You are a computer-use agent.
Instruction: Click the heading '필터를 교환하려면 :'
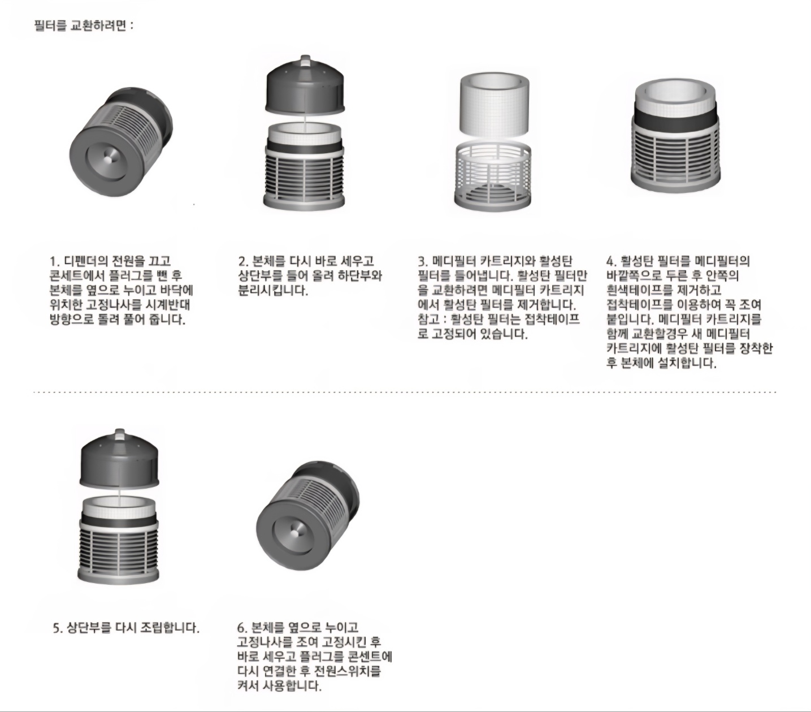click(x=83, y=25)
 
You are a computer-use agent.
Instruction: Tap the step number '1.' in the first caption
click(x=54, y=261)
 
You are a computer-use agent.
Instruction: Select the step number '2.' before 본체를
click(x=244, y=261)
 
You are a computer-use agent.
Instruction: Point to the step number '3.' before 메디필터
click(x=423, y=261)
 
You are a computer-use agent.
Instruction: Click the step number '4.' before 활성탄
click(x=611, y=261)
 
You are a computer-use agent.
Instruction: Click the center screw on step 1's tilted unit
click(x=109, y=159)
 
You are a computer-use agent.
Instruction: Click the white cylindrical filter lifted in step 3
click(x=494, y=106)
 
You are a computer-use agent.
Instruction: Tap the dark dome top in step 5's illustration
click(x=120, y=459)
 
